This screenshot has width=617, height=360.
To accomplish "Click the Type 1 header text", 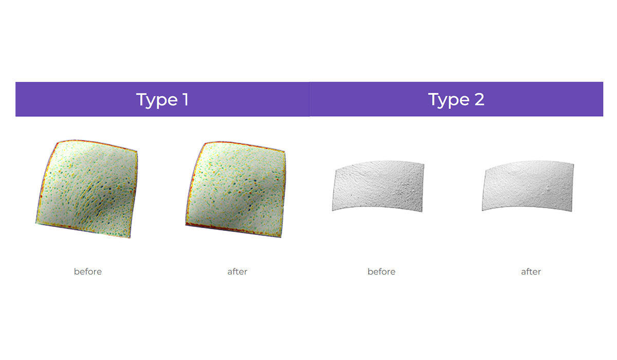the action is point(162,99).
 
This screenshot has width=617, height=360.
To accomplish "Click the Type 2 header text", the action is point(456,99).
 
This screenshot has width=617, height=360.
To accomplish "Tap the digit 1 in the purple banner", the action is point(186,99).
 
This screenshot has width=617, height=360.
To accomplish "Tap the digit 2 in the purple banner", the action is point(479,99).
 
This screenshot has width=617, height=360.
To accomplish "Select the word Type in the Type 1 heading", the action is point(157,100).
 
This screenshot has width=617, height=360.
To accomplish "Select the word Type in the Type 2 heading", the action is point(449,100).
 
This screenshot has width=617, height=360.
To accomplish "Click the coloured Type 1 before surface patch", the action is point(87,188).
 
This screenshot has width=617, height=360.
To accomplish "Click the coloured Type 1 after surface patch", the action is point(236,189).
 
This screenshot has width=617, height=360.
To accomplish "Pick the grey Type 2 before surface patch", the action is point(378,186).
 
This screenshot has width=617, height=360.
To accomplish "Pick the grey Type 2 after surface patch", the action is point(528,186).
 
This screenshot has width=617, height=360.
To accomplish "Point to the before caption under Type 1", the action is point(88,272).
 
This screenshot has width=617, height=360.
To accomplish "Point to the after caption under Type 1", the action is point(238,272).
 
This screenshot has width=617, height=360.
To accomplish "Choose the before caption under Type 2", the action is point(382,272).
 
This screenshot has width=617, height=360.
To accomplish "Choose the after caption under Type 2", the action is point(531,272).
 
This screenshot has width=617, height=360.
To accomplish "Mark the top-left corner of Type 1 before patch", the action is point(58,142).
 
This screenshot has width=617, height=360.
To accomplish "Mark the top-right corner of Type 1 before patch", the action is point(137,151).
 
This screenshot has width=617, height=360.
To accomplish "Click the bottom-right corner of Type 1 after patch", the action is point(281,237).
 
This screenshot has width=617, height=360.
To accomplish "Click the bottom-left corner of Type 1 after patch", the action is point(186,225).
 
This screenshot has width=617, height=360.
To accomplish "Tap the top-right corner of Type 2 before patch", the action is point(424,165).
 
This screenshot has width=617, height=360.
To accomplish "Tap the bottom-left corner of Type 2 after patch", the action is point(482,211).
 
